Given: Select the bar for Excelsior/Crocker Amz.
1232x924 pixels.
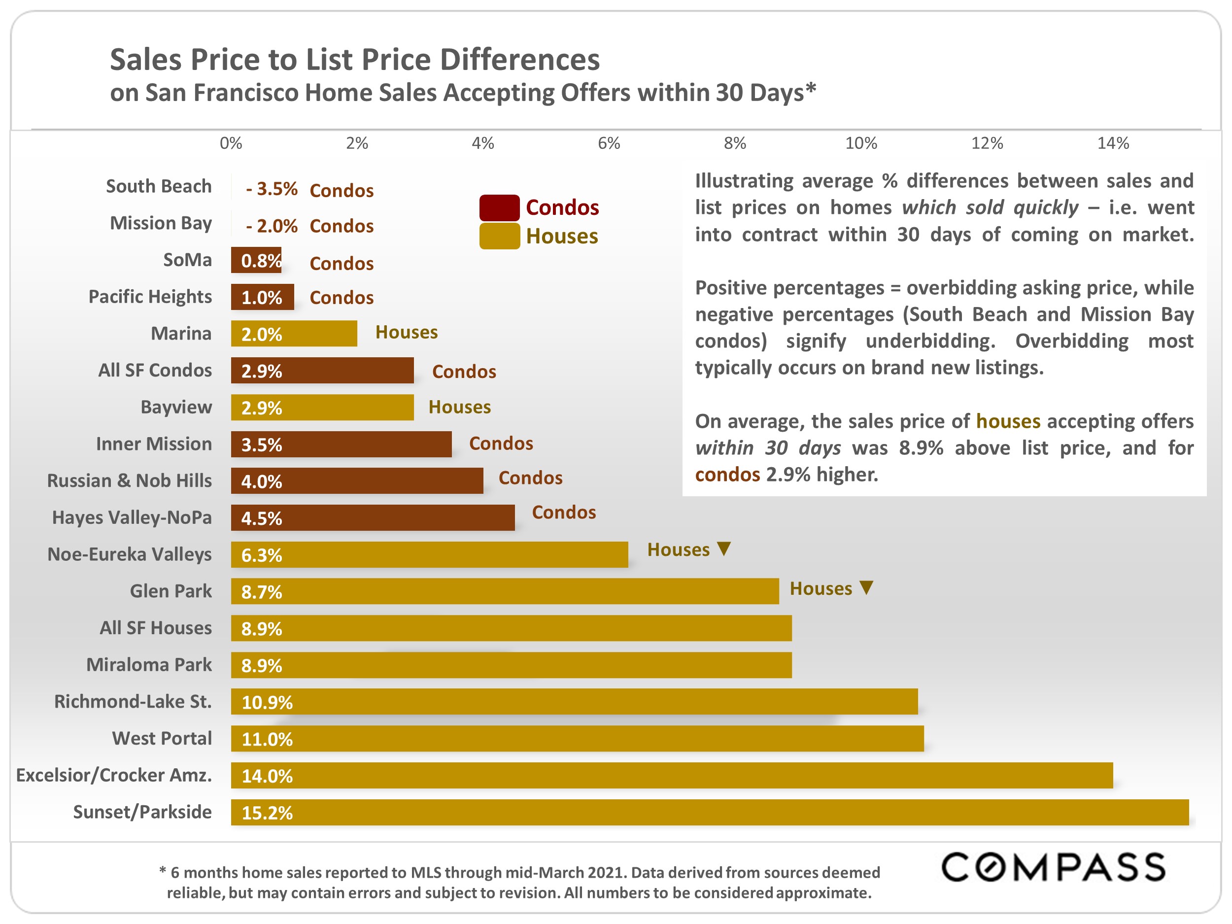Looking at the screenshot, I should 671,775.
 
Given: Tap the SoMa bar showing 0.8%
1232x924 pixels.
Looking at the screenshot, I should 256,260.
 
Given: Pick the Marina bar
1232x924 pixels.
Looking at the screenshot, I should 294,334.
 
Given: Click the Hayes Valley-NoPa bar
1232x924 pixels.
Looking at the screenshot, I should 373,517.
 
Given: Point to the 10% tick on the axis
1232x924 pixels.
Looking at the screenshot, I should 860,144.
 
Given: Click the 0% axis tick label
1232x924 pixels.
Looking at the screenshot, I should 231,144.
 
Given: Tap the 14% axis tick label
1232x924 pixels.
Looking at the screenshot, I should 1112,144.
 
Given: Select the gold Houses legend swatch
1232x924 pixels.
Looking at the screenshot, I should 499,236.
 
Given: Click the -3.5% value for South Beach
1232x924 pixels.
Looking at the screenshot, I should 272,189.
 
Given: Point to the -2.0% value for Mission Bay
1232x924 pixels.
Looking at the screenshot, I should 272,226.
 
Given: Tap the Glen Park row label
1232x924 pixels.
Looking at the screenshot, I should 171,591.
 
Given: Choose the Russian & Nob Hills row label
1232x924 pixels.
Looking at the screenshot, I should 129,480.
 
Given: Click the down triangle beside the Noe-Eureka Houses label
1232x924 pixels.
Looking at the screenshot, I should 723,548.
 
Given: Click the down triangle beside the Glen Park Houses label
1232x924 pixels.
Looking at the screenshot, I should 866,587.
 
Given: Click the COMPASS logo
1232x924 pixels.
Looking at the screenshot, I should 1053,867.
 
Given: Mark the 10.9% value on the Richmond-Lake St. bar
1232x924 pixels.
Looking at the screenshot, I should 267,702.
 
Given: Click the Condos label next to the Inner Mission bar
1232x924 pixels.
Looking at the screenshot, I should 501,444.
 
